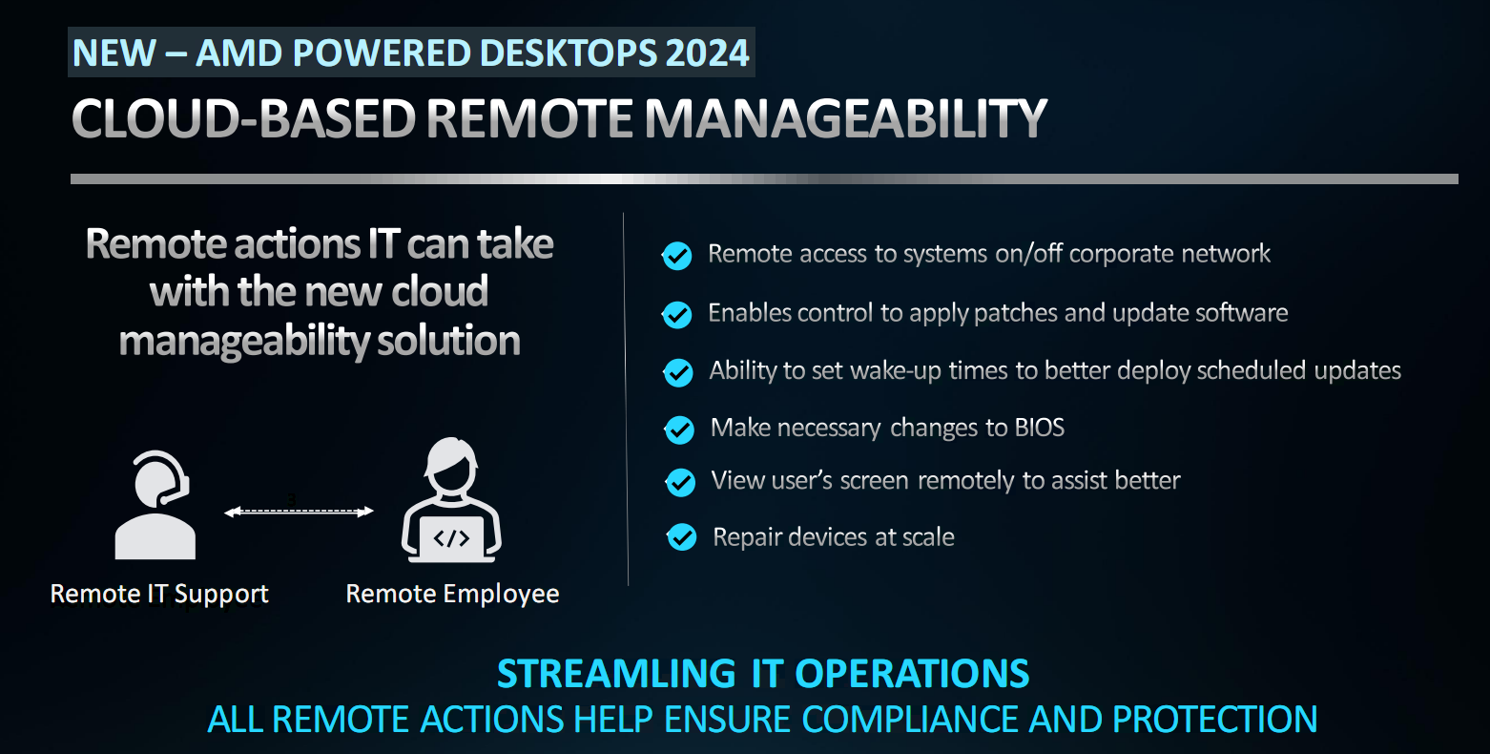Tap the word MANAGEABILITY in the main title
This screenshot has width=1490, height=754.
845,118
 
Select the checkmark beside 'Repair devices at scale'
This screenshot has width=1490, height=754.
682,537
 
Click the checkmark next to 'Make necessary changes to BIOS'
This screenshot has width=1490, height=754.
679,429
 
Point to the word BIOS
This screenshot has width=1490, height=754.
1039,428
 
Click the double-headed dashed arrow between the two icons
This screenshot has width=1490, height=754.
299,511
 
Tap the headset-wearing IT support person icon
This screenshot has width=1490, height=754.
155,505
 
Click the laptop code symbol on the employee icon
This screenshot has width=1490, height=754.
451,537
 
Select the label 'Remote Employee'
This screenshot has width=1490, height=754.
452,594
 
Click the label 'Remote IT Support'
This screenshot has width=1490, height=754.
159,594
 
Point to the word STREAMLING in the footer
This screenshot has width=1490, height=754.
616,674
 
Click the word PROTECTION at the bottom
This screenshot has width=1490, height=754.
1214,720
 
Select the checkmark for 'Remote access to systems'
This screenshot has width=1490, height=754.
677,256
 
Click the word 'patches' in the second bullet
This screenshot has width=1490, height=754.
1014,313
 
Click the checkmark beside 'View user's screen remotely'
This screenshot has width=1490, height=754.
680,483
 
